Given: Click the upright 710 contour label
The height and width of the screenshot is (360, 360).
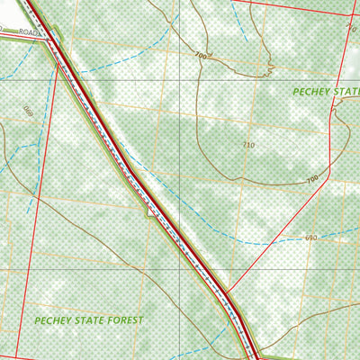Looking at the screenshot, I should click(248, 144).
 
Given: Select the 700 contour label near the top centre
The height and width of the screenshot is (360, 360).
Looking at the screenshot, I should click(199, 57).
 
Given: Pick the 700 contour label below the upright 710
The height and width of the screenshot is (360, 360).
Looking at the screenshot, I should click(312, 180).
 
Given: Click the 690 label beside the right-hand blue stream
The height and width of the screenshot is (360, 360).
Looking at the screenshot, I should click(310, 238).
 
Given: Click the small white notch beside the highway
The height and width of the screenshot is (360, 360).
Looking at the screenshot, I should click(147, 211).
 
